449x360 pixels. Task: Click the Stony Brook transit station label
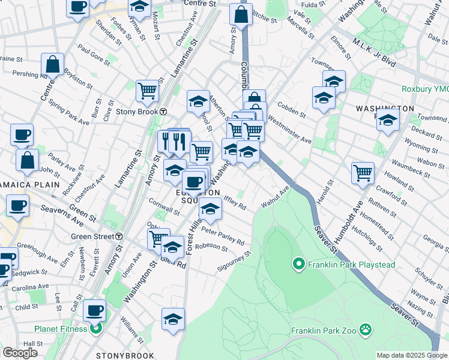(x=136, y=112)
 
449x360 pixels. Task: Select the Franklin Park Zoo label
(x=325, y=331)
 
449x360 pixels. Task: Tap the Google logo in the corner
(x=20, y=352)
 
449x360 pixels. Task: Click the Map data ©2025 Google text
(x=412, y=355)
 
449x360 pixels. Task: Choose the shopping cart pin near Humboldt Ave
(x=363, y=173)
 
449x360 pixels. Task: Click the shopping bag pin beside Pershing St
(x=53, y=65)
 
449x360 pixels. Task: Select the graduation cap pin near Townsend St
(x=388, y=120)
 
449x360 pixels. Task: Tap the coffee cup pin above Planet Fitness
(x=94, y=311)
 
